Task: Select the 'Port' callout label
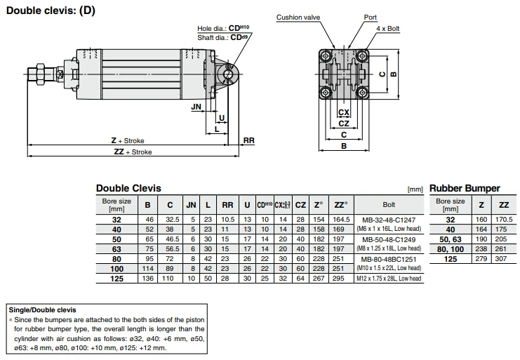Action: tap(371, 17)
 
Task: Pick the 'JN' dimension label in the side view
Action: tap(196, 107)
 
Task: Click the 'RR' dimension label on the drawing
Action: tap(248, 141)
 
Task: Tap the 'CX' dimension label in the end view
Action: tap(344, 112)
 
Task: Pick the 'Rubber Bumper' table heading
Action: tap(465, 188)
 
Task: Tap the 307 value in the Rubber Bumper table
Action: tap(503, 259)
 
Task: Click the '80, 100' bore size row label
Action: tap(451, 249)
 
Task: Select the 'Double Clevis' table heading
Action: tap(128, 188)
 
